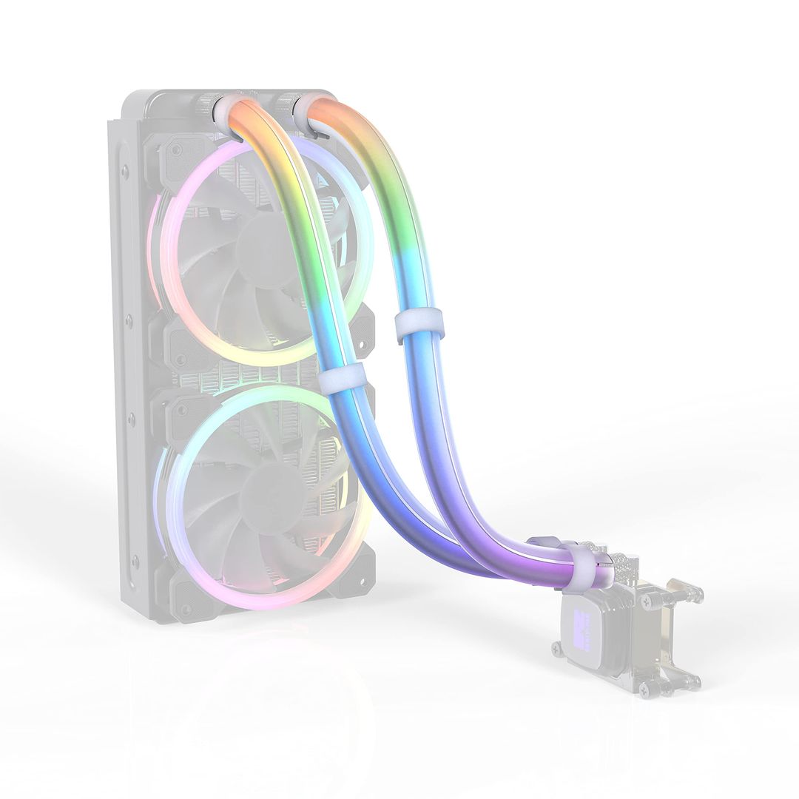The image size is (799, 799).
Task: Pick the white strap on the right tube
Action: [x=419, y=326]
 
